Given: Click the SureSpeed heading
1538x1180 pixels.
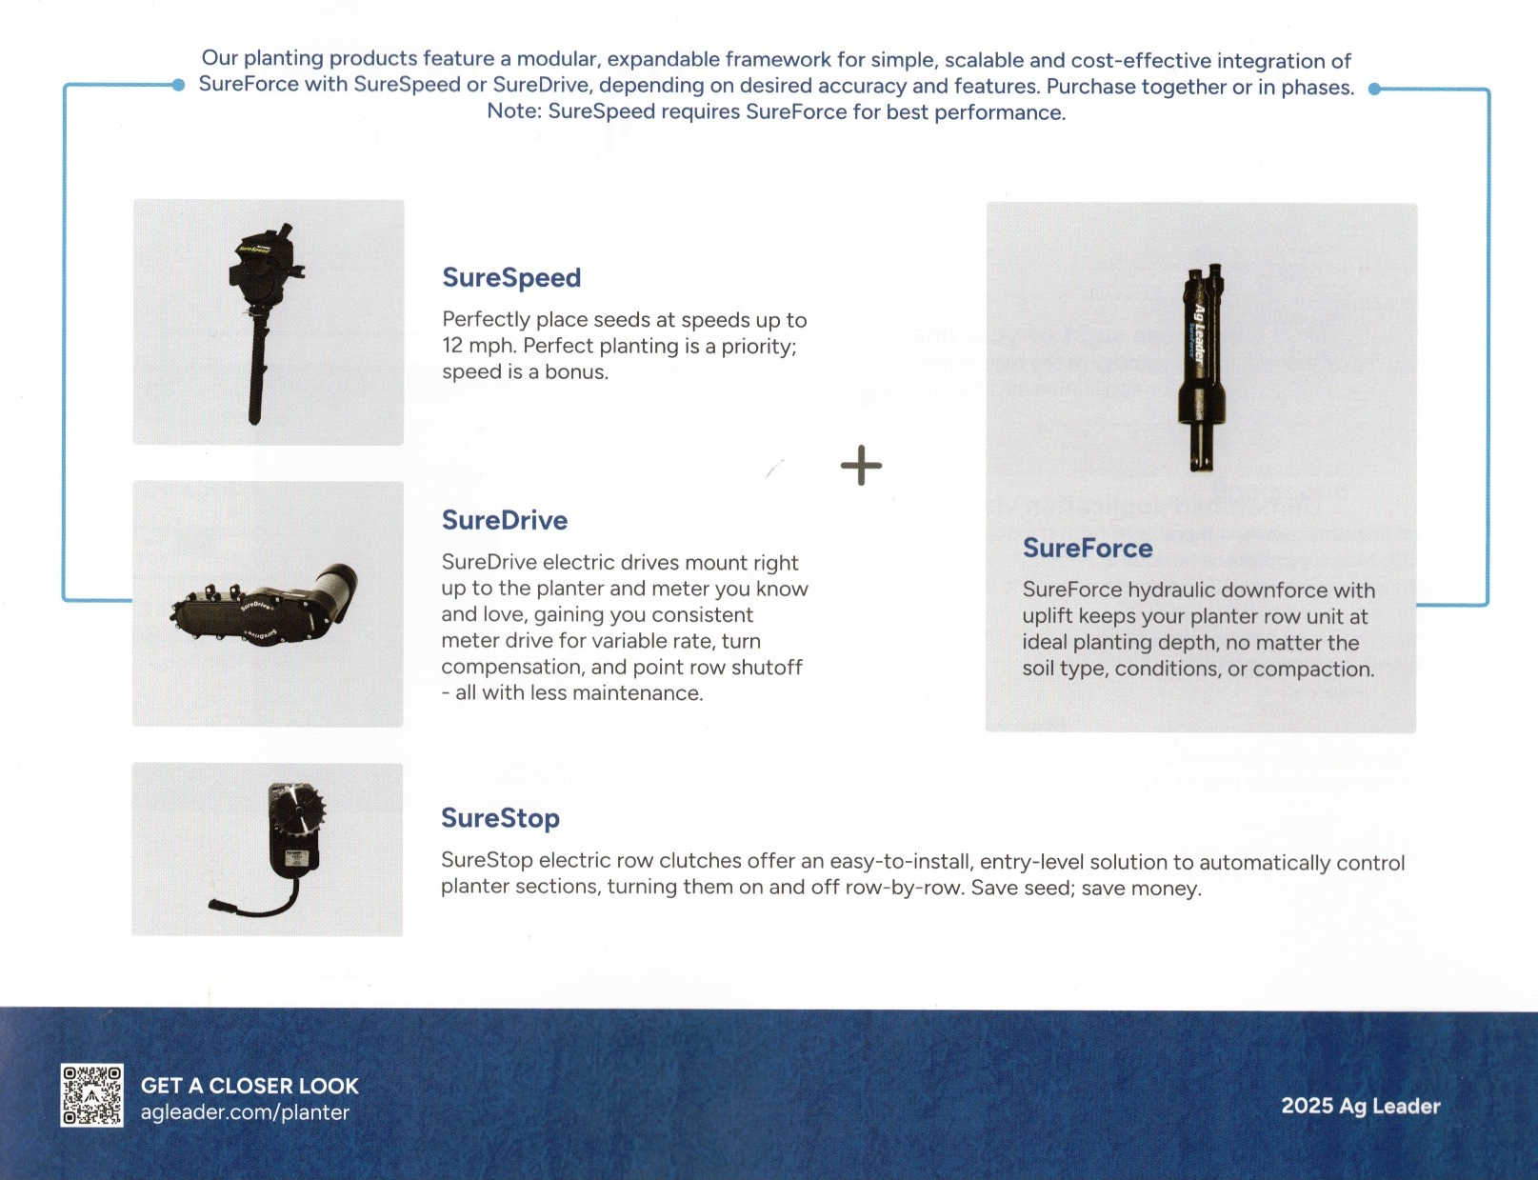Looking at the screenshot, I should [x=511, y=278].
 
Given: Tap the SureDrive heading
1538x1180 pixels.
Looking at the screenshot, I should [x=504, y=520].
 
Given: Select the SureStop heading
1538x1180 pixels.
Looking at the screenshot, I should [x=500, y=818].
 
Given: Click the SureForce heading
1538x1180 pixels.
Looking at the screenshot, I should [x=1088, y=549].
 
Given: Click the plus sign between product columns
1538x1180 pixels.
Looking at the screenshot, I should [x=861, y=466].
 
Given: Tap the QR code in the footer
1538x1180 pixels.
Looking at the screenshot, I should [x=91, y=1096].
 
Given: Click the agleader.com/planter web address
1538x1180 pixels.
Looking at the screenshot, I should [x=245, y=1112].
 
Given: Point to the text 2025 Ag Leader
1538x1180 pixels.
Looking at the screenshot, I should [x=1360, y=1106].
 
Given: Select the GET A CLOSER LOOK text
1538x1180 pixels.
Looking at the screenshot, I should [x=250, y=1086].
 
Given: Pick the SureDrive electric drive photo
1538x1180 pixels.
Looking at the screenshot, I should [x=267, y=604].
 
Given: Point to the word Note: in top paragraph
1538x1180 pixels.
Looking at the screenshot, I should [x=513, y=111].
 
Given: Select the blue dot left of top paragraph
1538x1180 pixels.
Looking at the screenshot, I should [x=178, y=85].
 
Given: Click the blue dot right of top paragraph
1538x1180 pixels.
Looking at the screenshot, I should [x=1374, y=89].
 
